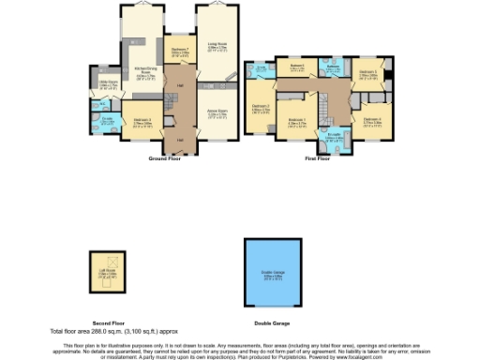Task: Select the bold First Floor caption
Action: click(x=317, y=158)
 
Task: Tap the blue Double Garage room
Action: click(x=277, y=276)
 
